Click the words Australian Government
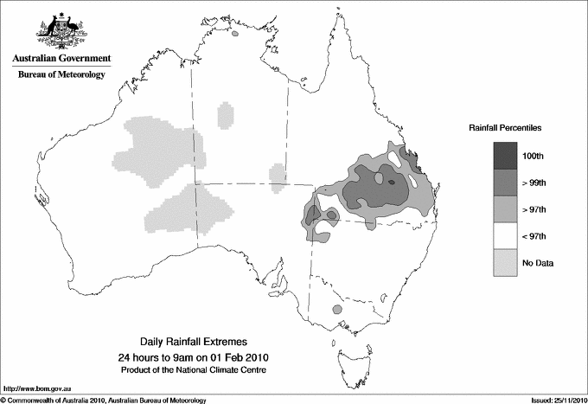[x=61, y=59]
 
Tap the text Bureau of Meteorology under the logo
[x=61, y=75]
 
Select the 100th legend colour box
[x=506, y=155]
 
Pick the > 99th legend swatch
[x=506, y=182]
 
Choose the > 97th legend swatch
[x=506, y=208]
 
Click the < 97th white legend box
[x=506, y=235]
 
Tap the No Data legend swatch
[x=506, y=262]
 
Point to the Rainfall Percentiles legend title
[x=505, y=127]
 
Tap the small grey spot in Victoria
[x=338, y=308]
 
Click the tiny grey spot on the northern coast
[x=235, y=35]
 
